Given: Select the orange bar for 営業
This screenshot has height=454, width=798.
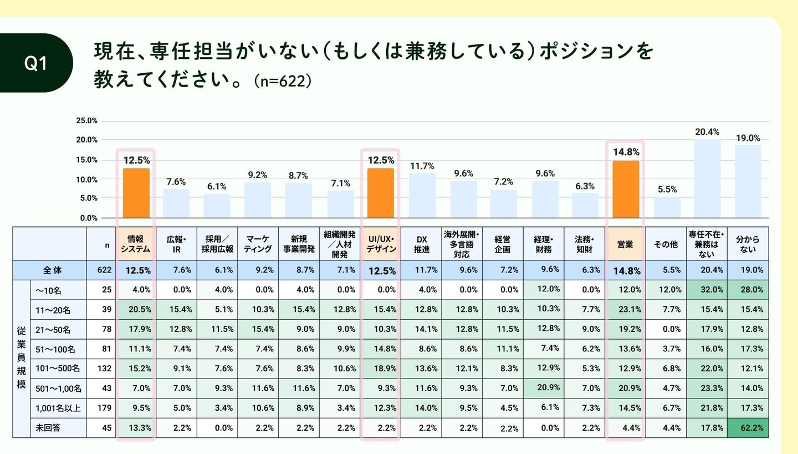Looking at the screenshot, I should click(626, 189).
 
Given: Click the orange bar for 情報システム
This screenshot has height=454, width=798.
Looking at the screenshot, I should click(136, 193).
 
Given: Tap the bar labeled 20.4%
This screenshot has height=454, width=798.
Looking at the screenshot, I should click(707, 178).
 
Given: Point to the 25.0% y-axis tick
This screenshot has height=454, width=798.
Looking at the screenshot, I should click(86, 120).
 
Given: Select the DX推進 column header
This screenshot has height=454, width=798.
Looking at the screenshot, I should click(421, 244).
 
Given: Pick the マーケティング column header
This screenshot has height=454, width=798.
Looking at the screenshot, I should click(258, 244).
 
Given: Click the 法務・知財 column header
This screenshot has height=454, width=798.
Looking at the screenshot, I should click(584, 244).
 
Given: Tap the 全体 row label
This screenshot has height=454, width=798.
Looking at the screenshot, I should click(53, 270).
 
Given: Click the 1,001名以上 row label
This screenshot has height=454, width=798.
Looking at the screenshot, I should click(58, 408).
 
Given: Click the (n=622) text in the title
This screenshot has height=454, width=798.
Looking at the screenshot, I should click(283, 81).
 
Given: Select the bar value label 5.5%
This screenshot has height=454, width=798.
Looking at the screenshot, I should click(667, 189).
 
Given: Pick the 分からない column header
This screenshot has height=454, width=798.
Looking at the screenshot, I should click(748, 244).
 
